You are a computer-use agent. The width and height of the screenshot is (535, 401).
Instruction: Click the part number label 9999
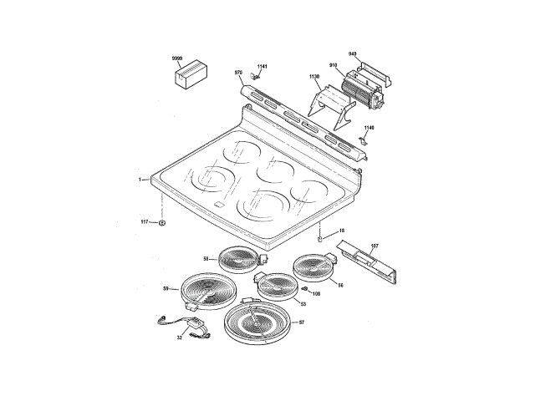[177, 58]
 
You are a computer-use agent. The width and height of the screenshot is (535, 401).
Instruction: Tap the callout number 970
[238, 73]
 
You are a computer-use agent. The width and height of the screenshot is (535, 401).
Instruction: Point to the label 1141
[262, 67]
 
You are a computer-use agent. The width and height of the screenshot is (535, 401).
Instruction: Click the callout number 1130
[314, 77]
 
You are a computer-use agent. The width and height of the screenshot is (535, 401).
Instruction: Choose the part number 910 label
[333, 65]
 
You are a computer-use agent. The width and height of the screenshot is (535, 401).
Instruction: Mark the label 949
[353, 53]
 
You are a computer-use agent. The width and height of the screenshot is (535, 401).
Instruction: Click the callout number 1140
[369, 128]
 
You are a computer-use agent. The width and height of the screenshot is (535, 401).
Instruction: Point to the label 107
[374, 246]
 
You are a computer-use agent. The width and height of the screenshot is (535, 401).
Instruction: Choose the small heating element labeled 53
[276, 287]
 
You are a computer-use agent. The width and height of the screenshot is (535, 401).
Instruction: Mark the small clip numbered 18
[321, 238]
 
